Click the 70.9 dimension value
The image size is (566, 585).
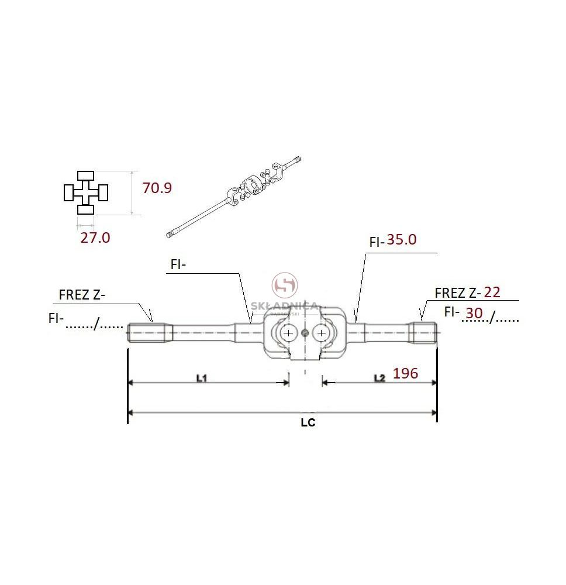click(157, 188)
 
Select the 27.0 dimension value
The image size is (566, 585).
click(95, 238)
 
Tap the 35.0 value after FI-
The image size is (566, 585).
click(401, 239)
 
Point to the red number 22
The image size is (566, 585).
click(492, 292)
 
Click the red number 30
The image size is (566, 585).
click(474, 313)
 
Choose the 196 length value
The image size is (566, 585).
click(405, 373)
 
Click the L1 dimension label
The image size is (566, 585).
click(201, 378)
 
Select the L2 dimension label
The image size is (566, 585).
click(379, 378)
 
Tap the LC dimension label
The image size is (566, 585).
click(308, 422)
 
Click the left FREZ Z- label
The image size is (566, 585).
click(82, 295)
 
